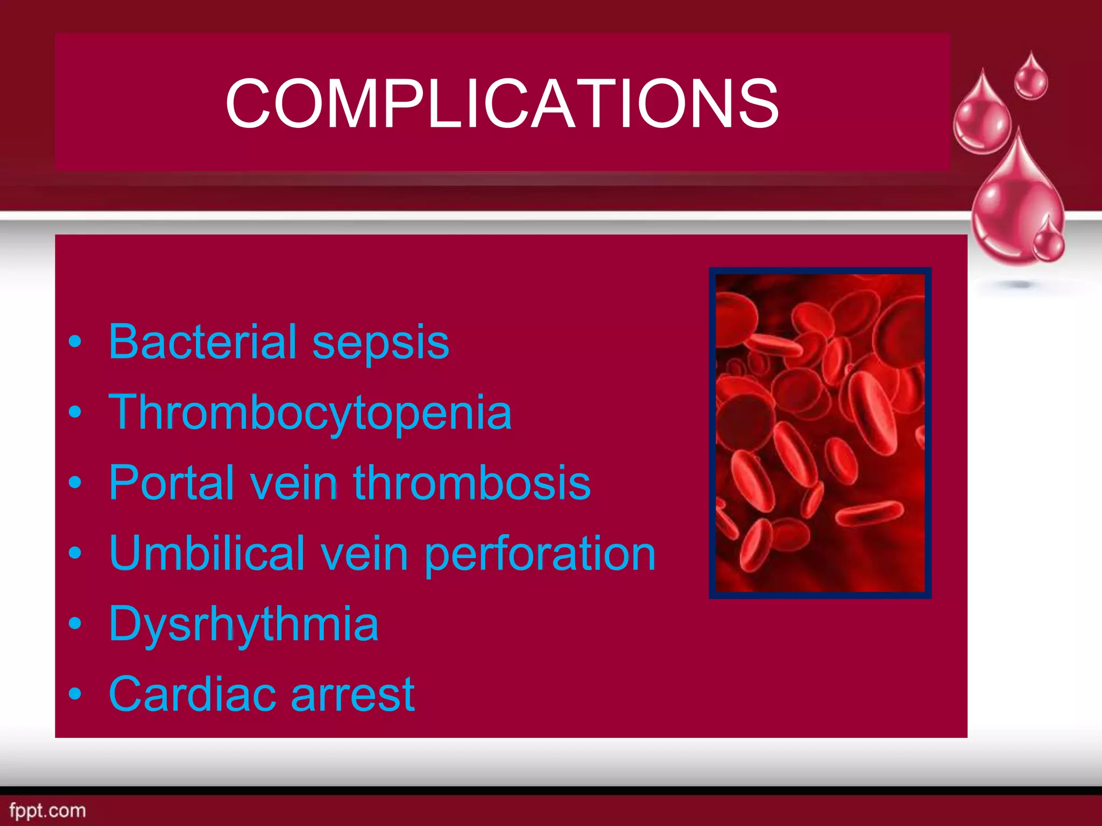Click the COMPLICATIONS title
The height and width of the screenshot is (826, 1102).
point(501,103)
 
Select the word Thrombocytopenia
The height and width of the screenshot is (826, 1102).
point(310,413)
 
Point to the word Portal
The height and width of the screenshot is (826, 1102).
point(172,482)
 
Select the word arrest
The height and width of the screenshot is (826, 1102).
point(353,695)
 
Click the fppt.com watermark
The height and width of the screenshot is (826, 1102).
point(47,810)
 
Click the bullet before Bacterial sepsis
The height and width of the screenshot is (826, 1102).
point(75,343)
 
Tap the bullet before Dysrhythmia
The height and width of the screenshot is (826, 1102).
point(75,624)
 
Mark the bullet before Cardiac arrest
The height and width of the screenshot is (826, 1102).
point(75,694)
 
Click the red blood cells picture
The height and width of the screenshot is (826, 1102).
point(820,433)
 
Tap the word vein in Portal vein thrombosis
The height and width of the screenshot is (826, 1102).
point(294,482)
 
